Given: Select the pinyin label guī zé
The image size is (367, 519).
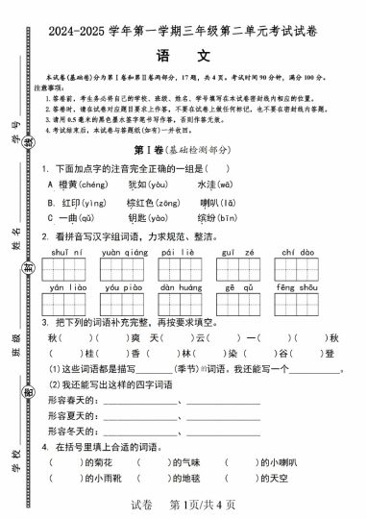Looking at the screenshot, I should click(233, 252).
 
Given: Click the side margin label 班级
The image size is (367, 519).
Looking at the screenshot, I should click(18, 344).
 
